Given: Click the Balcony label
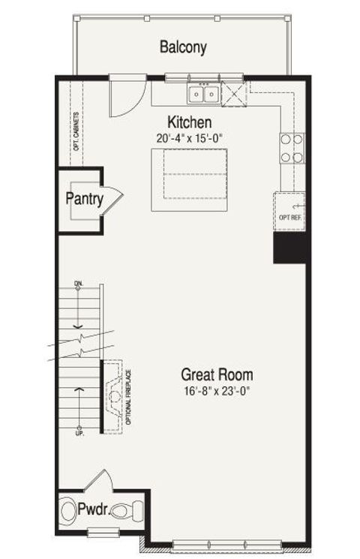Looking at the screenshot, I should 183,47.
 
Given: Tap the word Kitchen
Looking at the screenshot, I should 189,122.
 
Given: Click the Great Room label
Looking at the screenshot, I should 217,374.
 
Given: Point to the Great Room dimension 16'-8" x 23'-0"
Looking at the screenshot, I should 217,389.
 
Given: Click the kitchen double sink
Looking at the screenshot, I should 203,95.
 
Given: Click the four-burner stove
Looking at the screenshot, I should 292,148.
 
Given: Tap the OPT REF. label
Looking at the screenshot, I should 289,219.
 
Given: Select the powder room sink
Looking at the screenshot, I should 70,510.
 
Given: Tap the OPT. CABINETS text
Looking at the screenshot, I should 76,132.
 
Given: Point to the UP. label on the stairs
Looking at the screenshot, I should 79,433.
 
